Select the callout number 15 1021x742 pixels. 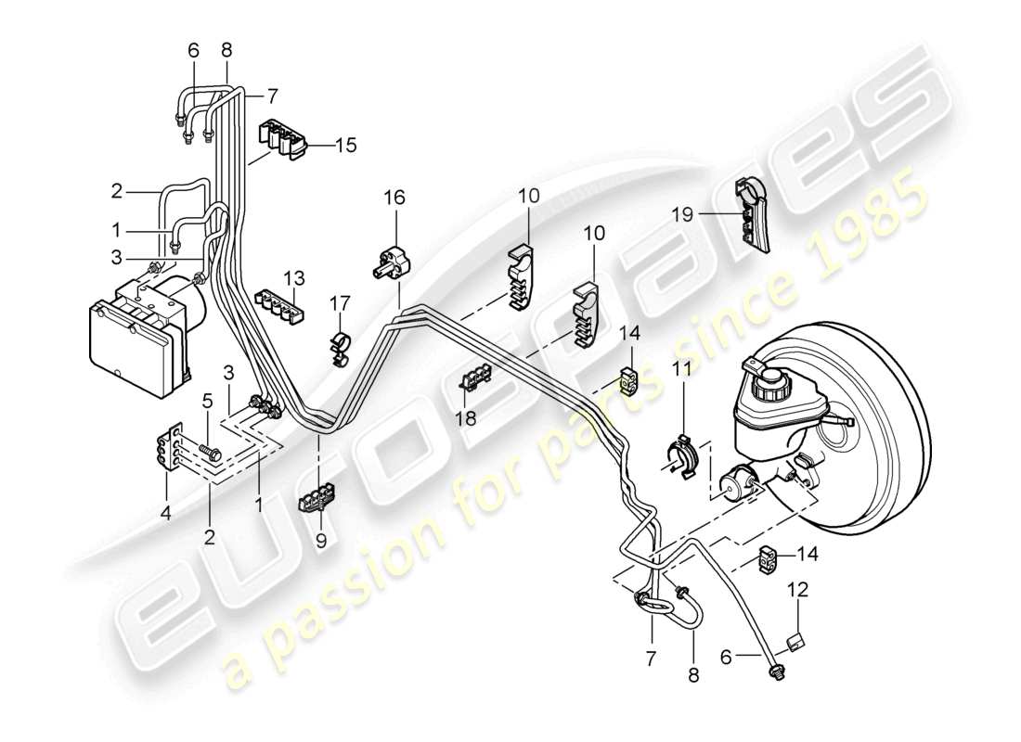(345, 145)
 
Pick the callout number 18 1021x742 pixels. (465, 418)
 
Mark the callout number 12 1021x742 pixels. (798, 589)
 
